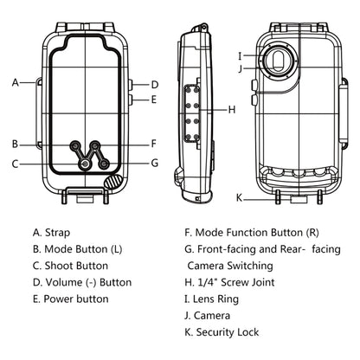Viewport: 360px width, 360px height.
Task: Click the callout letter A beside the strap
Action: click(x=16, y=82)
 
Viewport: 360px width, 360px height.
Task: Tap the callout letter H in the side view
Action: click(x=232, y=110)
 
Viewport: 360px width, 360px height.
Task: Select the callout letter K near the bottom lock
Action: click(x=239, y=198)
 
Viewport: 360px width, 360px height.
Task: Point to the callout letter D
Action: click(x=155, y=85)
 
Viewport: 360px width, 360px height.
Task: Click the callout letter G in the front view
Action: click(x=155, y=163)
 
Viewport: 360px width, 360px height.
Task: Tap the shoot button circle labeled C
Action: click(x=85, y=164)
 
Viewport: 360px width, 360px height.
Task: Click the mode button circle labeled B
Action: click(x=76, y=145)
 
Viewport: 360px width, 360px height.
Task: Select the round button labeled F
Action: click(x=95, y=145)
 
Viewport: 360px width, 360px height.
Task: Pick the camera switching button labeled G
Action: click(x=104, y=164)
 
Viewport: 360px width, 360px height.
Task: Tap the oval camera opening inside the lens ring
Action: click(x=278, y=61)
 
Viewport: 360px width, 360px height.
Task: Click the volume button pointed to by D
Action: click(x=130, y=85)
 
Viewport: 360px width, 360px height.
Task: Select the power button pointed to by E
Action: click(x=130, y=100)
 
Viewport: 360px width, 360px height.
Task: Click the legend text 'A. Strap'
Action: click(x=52, y=233)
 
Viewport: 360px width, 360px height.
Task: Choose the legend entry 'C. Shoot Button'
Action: click(x=71, y=266)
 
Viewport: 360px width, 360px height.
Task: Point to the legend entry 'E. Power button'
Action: click(x=71, y=299)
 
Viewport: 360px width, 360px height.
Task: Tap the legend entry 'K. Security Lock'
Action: click(x=222, y=332)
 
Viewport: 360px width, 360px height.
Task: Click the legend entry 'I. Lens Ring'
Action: click(x=211, y=299)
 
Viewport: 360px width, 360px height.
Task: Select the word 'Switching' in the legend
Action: click(x=250, y=266)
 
